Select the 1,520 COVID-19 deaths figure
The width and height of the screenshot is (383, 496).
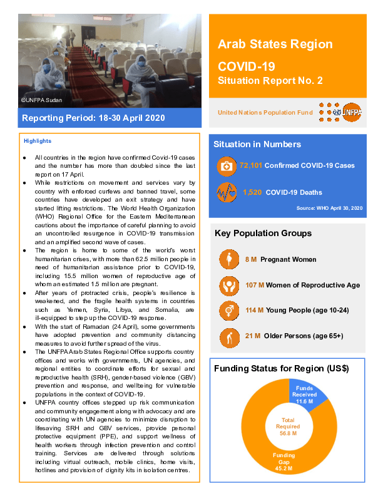[x=252, y=192]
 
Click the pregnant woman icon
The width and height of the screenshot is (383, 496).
[x=228, y=259]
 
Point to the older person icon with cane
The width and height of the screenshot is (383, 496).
[x=228, y=336]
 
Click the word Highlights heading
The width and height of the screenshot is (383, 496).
[x=38, y=142]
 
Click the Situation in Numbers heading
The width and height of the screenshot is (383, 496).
[x=257, y=144]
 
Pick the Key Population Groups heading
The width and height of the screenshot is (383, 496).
[x=263, y=234]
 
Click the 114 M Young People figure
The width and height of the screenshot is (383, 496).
[x=253, y=311]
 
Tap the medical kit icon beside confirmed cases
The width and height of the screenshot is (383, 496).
[x=225, y=166]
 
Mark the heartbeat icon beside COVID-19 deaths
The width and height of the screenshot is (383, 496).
[x=225, y=192]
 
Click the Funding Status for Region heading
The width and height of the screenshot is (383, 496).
[x=280, y=368]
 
